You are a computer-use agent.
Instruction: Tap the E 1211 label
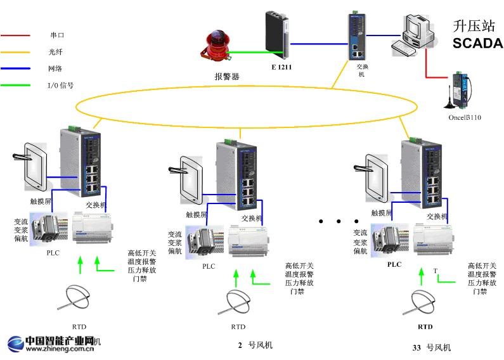pos(281,67)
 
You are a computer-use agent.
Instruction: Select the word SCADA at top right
pos(477,44)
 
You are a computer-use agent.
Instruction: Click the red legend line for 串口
pos(16,35)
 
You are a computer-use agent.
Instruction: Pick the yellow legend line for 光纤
pos(16,51)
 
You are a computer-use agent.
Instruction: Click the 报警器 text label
pos(227,77)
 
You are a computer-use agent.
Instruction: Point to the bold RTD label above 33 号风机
pos(425,326)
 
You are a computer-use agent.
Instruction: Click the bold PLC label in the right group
pos(394,264)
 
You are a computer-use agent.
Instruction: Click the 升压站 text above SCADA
pos(472,26)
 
